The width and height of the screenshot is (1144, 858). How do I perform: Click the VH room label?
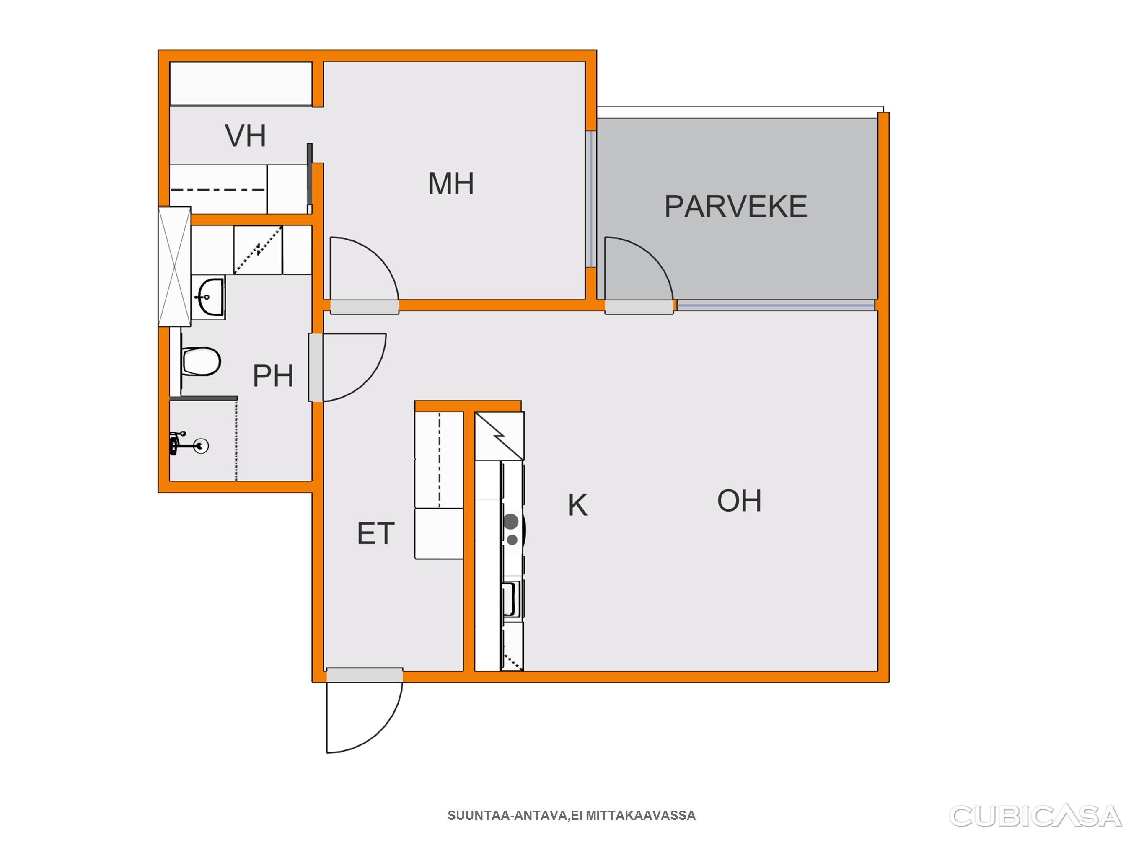pos(246,136)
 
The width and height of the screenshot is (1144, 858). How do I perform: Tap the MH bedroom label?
pos(451,183)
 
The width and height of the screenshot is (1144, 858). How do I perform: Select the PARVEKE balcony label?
pos(735,207)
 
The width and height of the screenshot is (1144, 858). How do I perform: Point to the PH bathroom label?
pos(273,375)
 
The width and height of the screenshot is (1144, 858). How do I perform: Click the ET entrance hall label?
pos(376,533)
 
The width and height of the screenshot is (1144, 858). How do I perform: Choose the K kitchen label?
pos(578,505)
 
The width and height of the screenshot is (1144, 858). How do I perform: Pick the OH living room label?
pos(739,501)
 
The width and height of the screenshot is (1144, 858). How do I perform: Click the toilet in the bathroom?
pos(201,361)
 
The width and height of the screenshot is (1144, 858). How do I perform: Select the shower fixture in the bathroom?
pos(189,444)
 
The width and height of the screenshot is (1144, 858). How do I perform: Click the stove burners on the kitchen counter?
pos(512,529)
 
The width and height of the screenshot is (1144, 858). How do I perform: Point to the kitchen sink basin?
pos(510,599)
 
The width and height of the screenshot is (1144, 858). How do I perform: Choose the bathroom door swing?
pos(354,367)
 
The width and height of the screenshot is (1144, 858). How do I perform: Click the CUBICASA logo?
pos(1035,816)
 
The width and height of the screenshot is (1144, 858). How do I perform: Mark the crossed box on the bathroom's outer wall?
pos(175,267)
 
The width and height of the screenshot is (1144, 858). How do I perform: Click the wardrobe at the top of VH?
pos(241,84)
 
